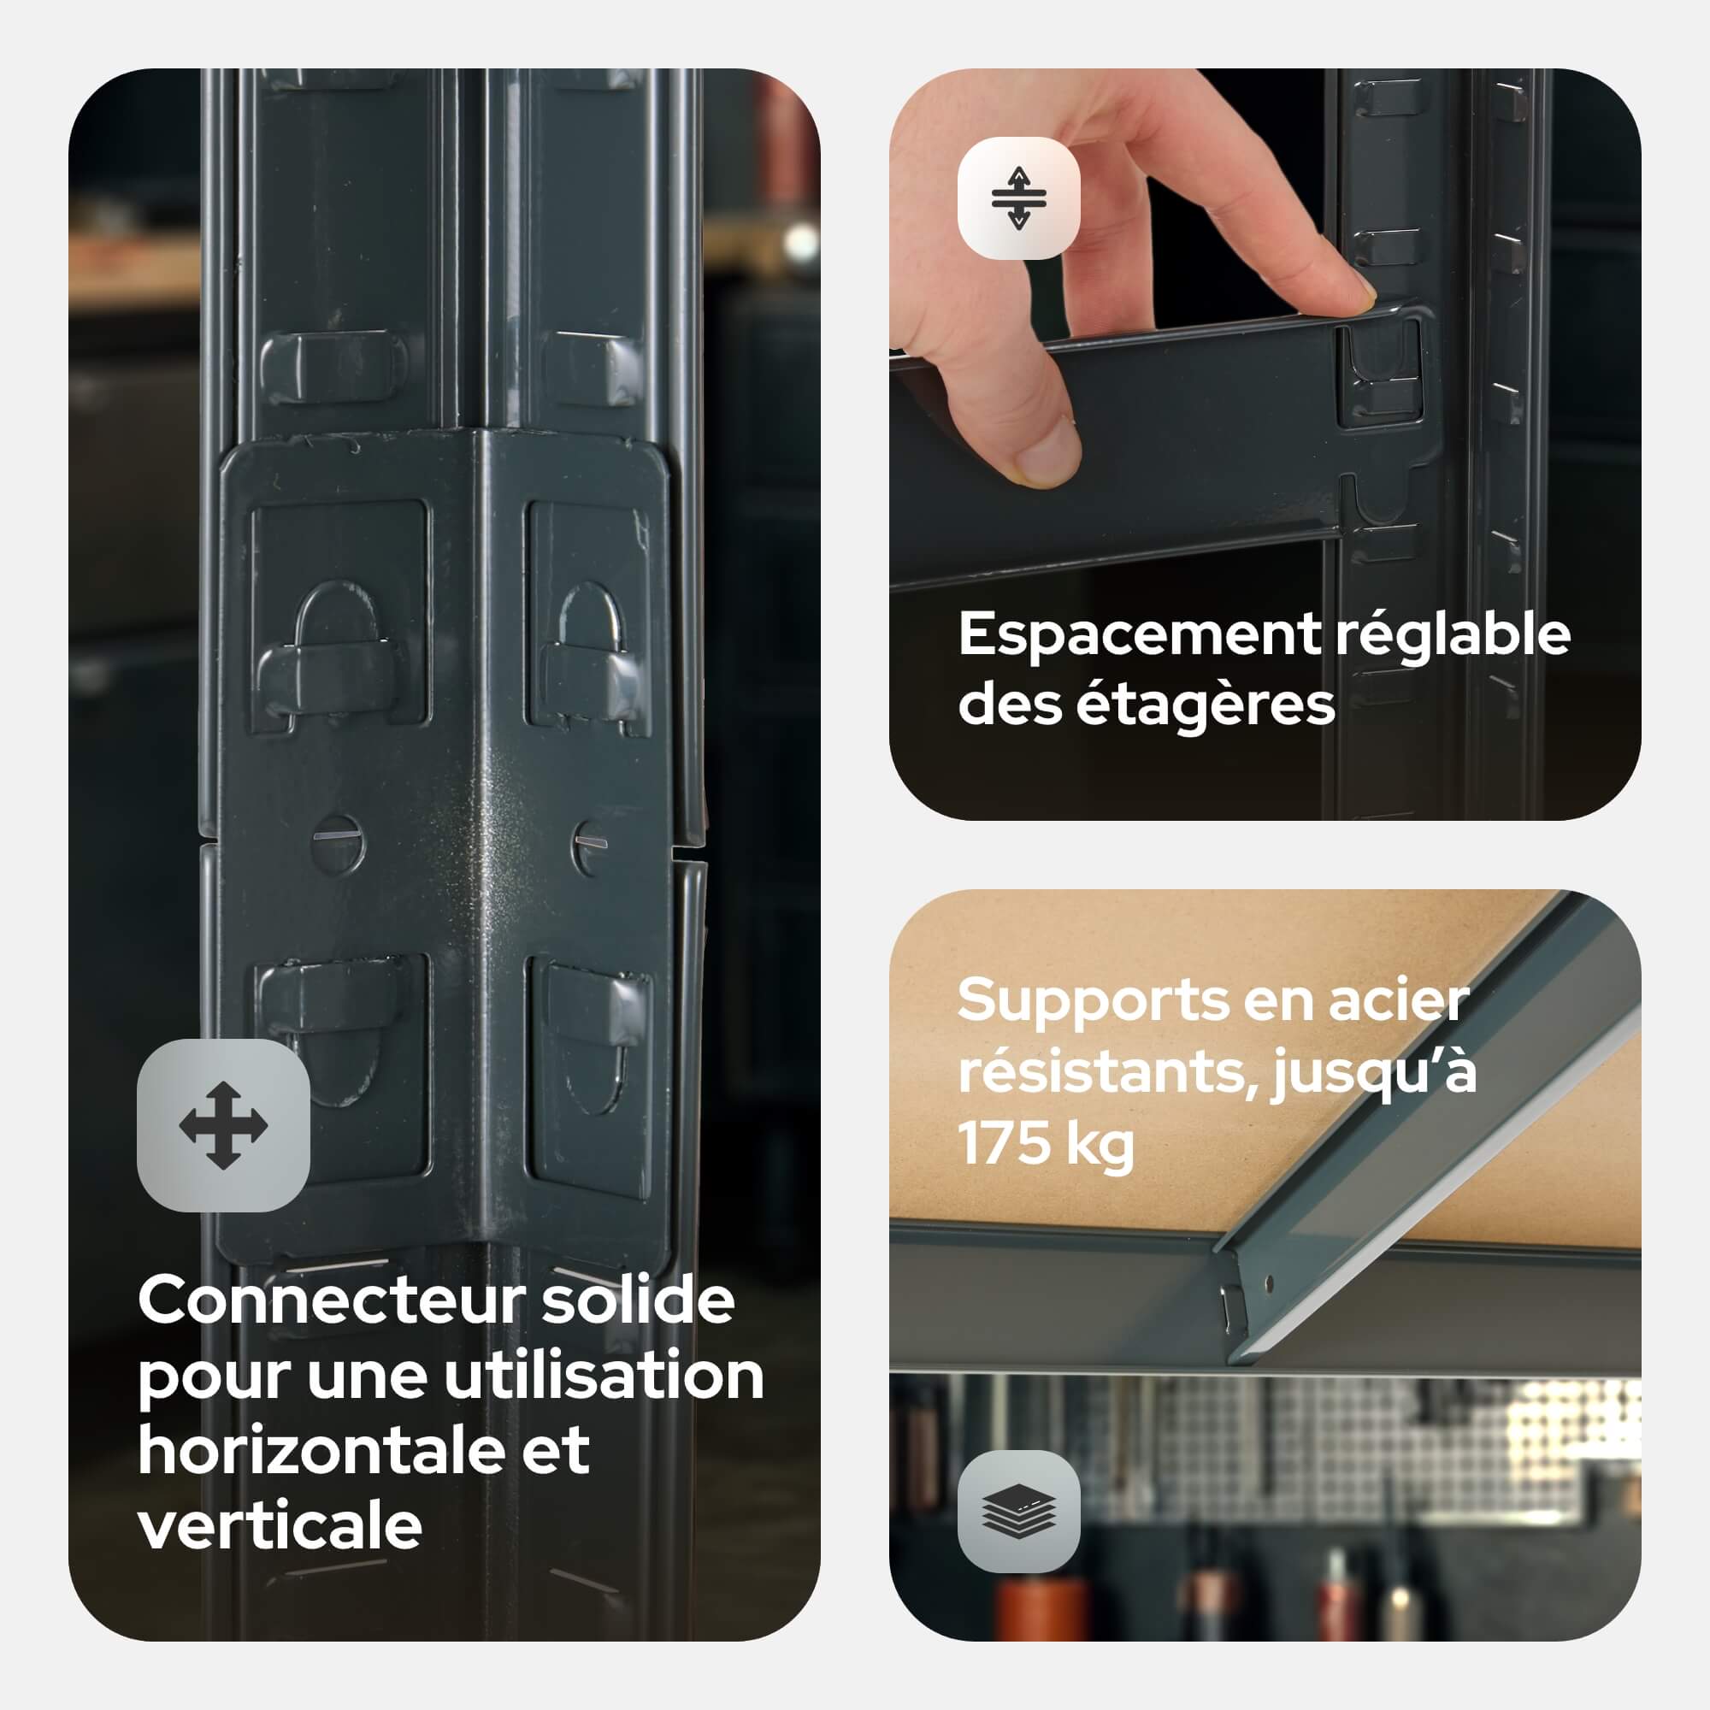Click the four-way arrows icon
point(223,1125)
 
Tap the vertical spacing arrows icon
point(1019,198)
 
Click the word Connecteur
point(332,1300)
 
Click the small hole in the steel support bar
point(1271,1283)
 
